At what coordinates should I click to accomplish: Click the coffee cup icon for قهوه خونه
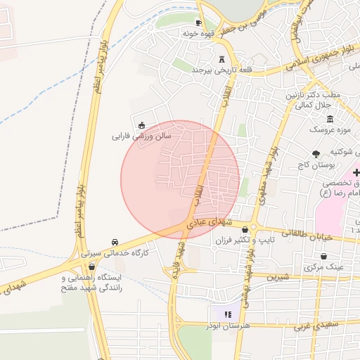198,22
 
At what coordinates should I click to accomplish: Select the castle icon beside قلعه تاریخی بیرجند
222,59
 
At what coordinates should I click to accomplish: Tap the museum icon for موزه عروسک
330,118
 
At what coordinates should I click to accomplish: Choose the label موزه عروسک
328,130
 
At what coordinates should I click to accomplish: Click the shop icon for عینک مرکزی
323,256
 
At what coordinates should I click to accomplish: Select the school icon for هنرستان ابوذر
226,314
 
